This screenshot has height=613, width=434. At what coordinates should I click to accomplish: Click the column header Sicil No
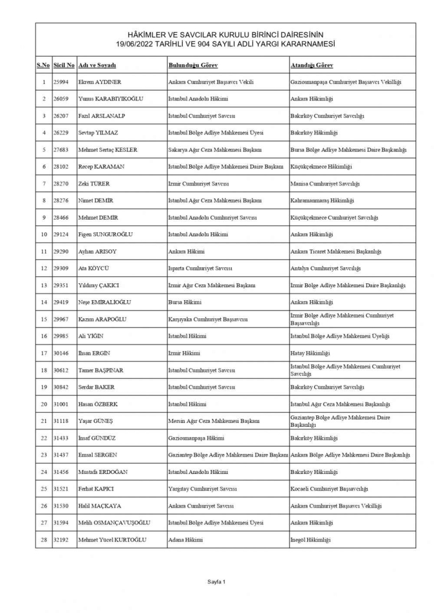[x=64, y=65]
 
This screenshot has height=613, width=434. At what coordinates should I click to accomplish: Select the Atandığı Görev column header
[x=312, y=65]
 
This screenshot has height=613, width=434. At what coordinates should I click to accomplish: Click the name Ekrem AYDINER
[x=99, y=82]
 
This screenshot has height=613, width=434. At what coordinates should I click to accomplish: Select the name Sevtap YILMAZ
[x=99, y=133]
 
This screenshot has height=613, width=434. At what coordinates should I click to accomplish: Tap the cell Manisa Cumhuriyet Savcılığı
[x=324, y=184]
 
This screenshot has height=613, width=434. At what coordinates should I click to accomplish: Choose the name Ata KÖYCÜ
[x=93, y=268]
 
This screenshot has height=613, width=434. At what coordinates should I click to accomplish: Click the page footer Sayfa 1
[x=216, y=582]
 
